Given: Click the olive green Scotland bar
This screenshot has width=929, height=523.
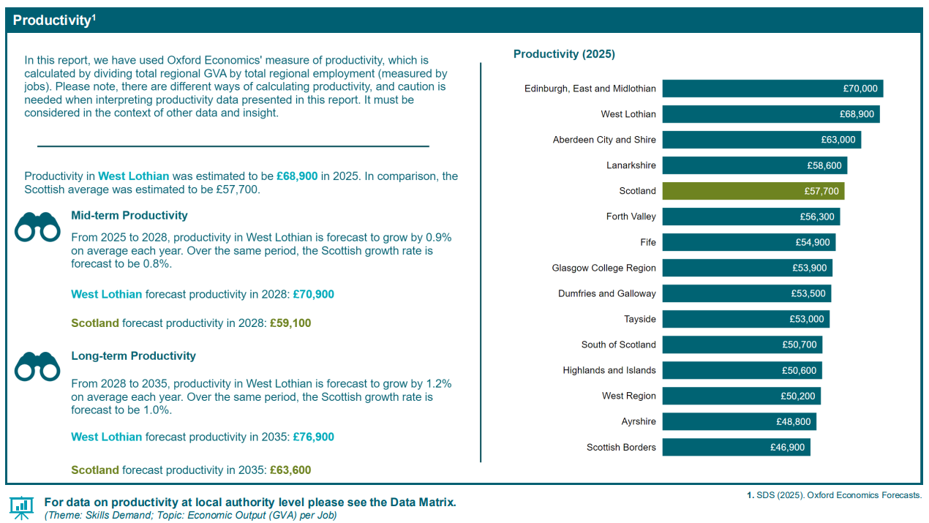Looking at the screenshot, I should tap(753, 191).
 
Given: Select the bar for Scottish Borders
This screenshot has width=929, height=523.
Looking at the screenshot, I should tap(736, 447).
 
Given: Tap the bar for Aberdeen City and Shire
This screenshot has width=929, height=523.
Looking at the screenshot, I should tap(761, 140).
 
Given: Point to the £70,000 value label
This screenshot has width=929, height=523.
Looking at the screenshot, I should tap(860, 89).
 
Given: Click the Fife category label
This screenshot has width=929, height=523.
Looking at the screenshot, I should tap(647, 242).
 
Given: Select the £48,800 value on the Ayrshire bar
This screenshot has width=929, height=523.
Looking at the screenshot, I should tap(794, 421).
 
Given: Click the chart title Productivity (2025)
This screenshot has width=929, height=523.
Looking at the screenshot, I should tap(564, 54).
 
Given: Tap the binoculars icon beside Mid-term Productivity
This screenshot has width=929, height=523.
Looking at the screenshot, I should tap(37, 227).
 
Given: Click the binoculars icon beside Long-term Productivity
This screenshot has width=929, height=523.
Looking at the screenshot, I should tap(37, 366).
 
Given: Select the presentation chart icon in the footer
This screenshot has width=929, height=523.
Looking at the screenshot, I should tap(21, 506).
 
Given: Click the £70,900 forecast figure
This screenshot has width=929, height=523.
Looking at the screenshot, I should tap(313, 294).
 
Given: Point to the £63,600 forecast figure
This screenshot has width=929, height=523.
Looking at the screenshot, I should tap(290, 470).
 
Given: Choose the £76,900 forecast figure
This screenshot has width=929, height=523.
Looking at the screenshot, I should tap(313, 437).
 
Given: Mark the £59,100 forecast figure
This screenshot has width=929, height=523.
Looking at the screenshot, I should tap(290, 323).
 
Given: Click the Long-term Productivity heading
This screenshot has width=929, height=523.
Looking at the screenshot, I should tap(133, 355).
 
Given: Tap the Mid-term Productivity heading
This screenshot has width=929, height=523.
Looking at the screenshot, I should tap(129, 215).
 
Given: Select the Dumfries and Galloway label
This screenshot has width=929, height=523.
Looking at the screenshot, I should tap(606, 293).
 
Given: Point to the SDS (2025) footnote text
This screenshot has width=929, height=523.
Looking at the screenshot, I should tap(834, 495).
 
